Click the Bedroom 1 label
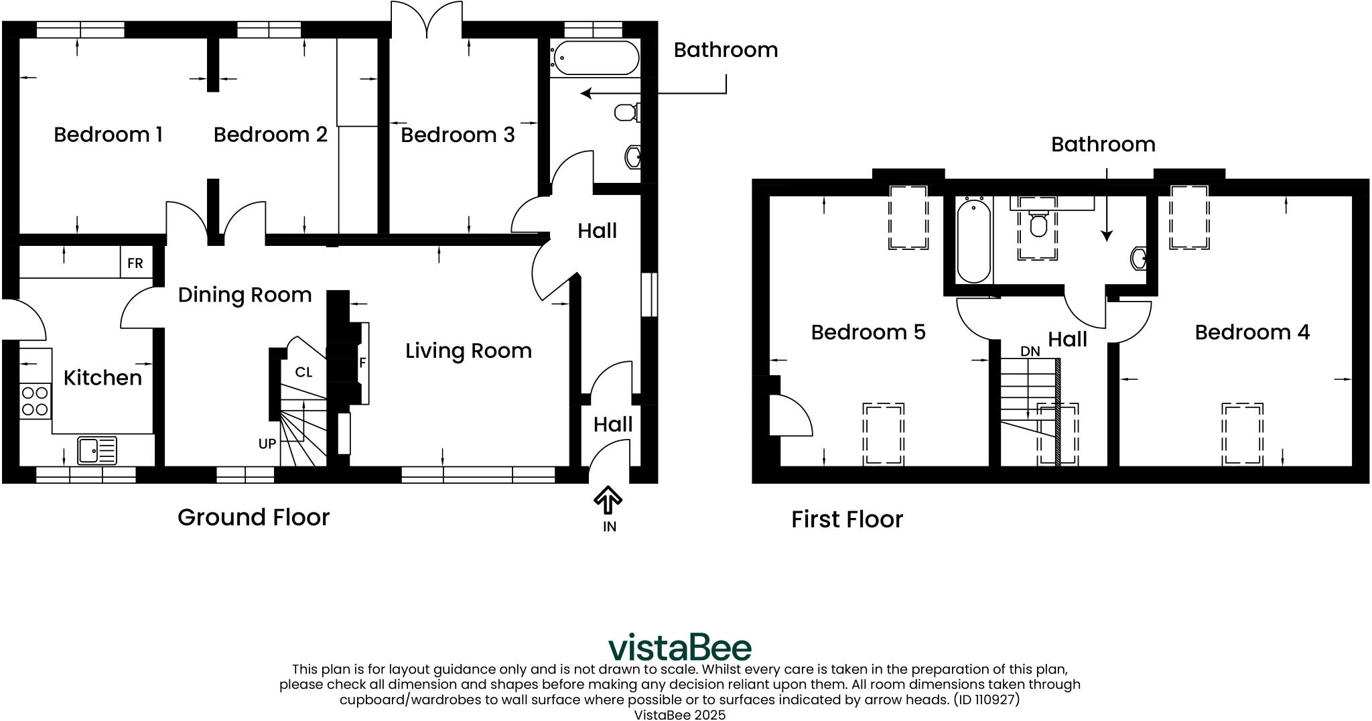point(108,135)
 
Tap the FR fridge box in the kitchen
point(135,263)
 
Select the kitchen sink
point(97,450)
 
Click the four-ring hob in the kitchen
point(35,401)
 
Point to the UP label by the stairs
point(267,444)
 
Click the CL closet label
point(303,373)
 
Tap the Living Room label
point(468,350)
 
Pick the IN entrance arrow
point(608,501)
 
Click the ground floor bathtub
point(594,58)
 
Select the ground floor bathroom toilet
point(627,112)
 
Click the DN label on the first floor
point(1030,352)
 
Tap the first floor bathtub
point(973,241)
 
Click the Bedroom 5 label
point(868,332)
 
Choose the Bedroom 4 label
point(1252,332)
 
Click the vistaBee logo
point(680,647)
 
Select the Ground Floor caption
point(253,517)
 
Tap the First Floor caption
point(847,519)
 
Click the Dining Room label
point(245,295)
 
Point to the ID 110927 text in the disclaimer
point(984,700)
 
